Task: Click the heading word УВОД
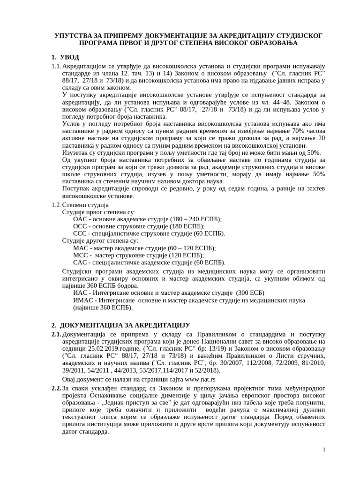(70, 57)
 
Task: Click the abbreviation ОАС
(80, 219)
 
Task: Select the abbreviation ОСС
(80, 226)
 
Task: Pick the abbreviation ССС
(80, 233)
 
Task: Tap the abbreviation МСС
(81, 255)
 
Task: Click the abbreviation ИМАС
(83, 300)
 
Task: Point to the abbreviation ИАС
(81, 293)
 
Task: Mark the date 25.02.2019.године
(109, 349)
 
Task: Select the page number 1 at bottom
(323, 450)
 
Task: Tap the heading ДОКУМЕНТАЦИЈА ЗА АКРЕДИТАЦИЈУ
(125, 325)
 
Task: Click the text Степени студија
(85, 205)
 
